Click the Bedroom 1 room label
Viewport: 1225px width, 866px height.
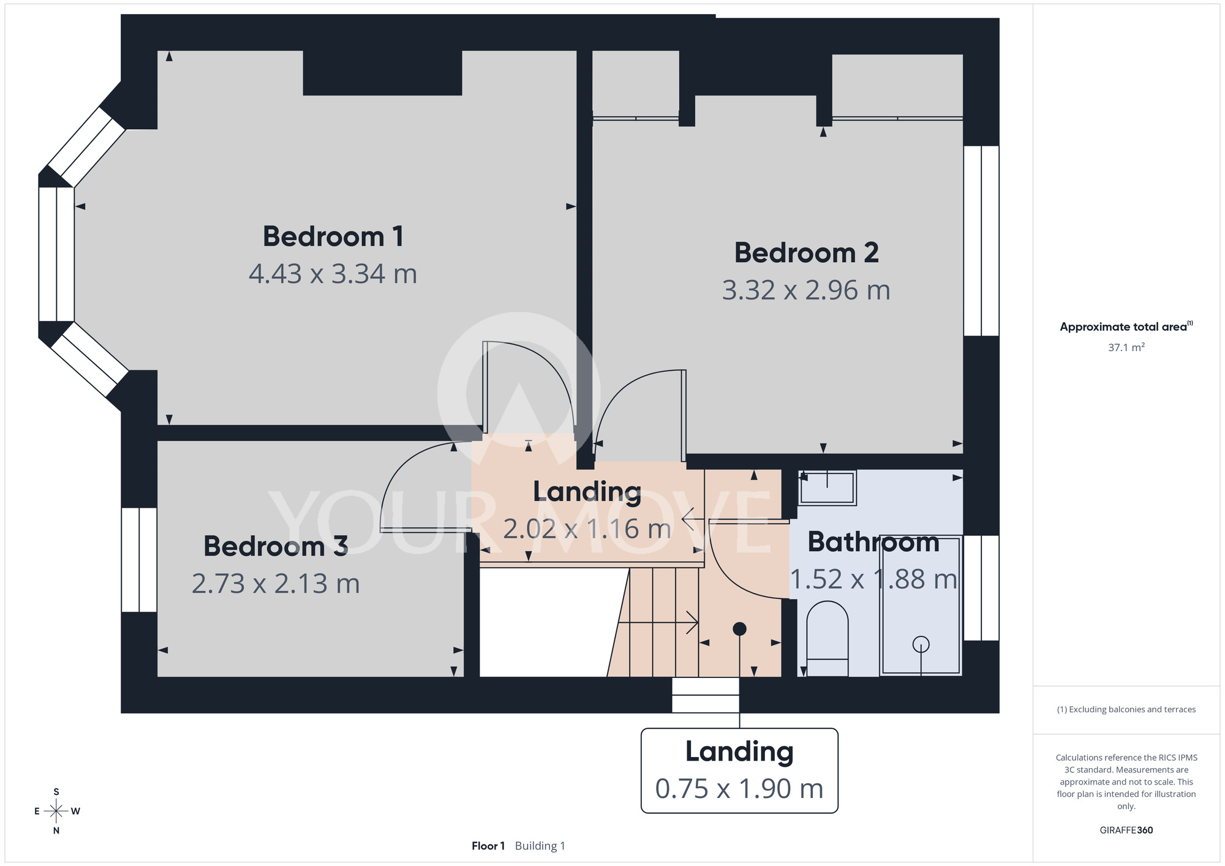(333, 236)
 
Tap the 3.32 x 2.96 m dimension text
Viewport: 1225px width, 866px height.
(806, 290)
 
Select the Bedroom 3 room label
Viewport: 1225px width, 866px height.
(276, 546)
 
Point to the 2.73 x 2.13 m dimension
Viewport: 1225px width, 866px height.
(276, 584)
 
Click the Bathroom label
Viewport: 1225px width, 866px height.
(873, 543)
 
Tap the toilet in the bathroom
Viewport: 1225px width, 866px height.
(827, 639)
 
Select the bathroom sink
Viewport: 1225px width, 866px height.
(827, 488)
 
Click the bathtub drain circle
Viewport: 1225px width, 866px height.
(921, 644)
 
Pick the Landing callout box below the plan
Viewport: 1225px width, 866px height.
(739, 770)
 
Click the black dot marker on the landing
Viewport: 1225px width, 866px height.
(739, 629)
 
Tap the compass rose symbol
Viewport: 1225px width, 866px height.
(56, 811)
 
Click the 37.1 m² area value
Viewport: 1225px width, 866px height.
(1126, 347)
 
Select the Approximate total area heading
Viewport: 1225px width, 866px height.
(1126, 326)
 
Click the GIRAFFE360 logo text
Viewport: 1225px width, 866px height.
(1126, 830)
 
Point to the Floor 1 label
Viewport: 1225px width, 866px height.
(488, 846)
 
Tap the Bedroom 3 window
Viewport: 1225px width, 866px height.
(139, 560)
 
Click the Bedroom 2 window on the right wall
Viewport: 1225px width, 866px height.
(981, 241)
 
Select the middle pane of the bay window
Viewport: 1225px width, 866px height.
(56, 254)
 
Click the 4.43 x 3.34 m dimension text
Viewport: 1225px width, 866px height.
(333, 274)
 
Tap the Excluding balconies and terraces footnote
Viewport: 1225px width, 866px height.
(1126, 710)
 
